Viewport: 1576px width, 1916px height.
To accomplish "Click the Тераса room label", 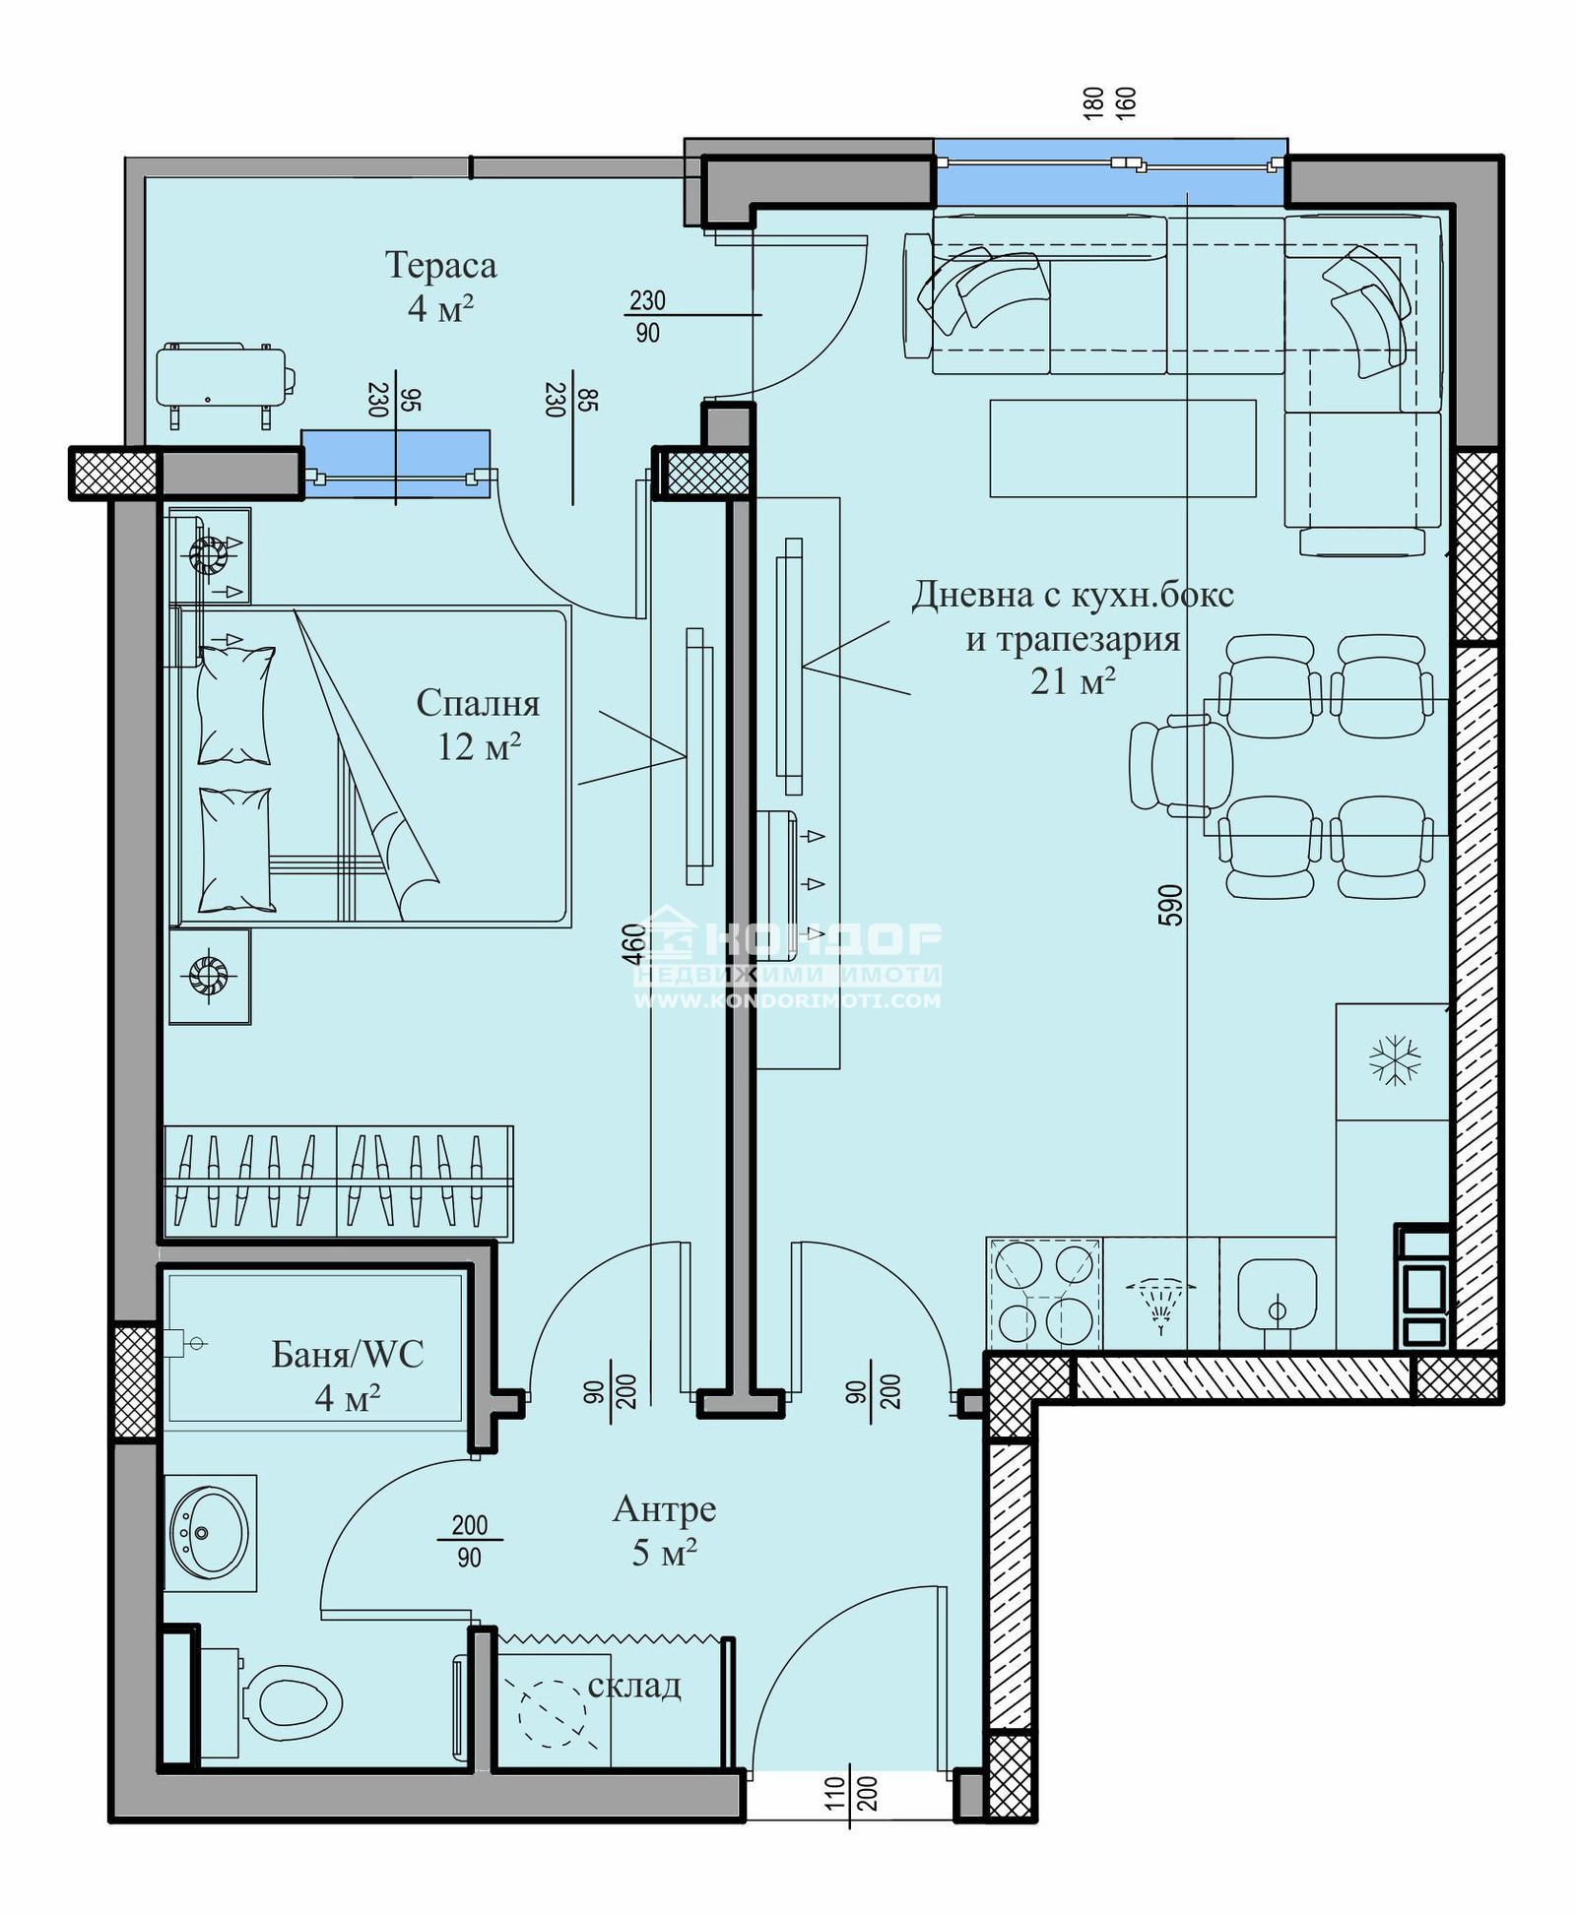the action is [440, 265].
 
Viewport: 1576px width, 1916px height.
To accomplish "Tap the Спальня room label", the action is [478, 703].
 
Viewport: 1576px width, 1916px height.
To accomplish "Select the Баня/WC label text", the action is [348, 1355].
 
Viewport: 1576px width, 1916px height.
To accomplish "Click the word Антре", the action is [665, 1509].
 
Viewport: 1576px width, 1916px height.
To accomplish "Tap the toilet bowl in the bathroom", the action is [292, 1702].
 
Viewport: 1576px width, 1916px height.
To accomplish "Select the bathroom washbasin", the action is [210, 1533].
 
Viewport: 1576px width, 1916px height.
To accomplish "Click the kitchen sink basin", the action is [1278, 1295].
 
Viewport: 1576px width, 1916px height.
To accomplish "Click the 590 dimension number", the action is [1170, 906].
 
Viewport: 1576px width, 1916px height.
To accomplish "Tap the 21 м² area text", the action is [1073, 680].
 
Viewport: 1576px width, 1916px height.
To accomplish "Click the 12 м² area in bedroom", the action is [479, 746].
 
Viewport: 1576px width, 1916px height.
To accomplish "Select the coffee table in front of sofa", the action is [1123, 448].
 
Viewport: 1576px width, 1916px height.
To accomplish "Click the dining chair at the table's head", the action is [1180, 766].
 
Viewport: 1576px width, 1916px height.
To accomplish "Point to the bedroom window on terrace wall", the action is [396, 464].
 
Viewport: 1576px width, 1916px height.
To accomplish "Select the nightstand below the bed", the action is [209, 977].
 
